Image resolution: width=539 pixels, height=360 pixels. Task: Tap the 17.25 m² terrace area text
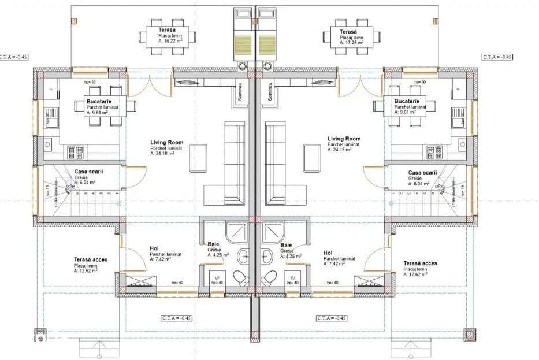pyautogui.click(x=351, y=42)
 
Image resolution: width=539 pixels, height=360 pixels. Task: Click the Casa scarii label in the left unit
pyautogui.click(x=88, y=172)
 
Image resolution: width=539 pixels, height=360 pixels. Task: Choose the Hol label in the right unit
pyautogui.click(x=328, y=253)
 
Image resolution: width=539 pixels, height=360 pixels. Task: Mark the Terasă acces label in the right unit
pyautogui.click(x=421, y=263)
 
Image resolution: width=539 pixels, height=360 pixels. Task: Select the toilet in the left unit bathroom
pyautogui.click(x=240, y=278)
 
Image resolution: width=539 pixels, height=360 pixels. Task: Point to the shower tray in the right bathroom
pyautogui.click(x=271, y=231)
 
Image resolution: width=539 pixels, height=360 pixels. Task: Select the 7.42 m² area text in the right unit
pyautogui.click(x=335, y=263)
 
